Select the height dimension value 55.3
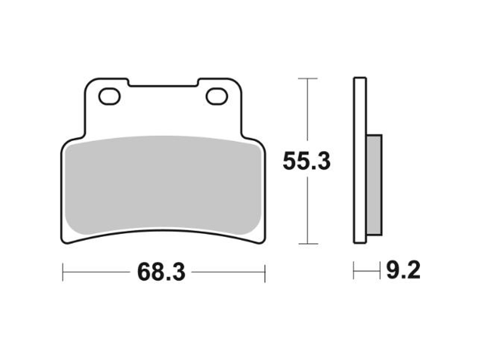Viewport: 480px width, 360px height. (306, 162)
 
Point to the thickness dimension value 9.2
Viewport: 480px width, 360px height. (401, 272)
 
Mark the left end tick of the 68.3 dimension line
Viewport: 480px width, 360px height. (63, 272)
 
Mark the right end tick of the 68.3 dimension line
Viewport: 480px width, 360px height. (264, 272)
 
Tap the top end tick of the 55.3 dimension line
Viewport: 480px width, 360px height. (307, 79)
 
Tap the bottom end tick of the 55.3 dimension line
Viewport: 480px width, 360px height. (307, 244)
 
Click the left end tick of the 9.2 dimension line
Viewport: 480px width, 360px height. (354, 272)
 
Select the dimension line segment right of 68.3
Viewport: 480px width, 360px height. (227, 272)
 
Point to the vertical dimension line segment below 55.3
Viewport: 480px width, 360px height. (307, 212)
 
